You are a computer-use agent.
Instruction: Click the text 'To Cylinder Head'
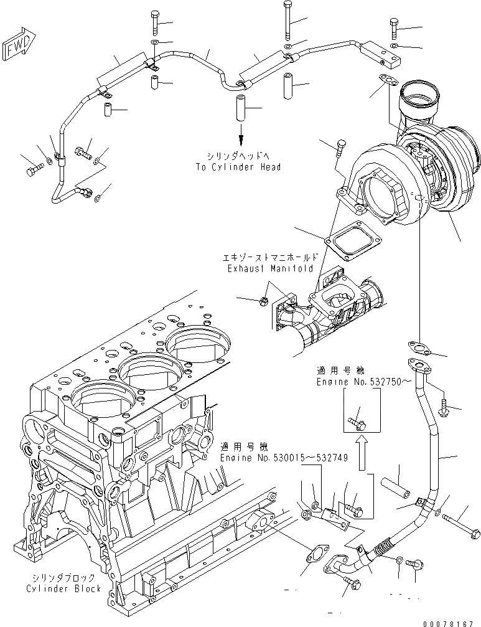238,167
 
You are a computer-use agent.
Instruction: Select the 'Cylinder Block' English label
63,588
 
